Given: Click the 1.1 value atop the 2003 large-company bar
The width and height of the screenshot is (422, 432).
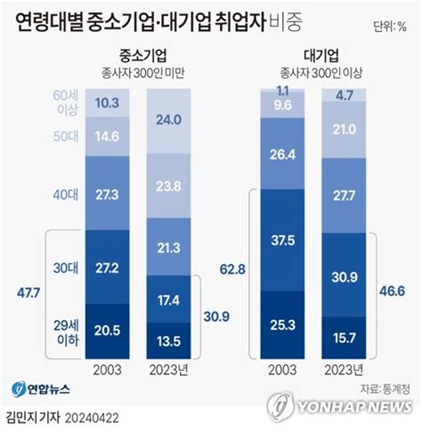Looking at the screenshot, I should [x=283, y=91].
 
